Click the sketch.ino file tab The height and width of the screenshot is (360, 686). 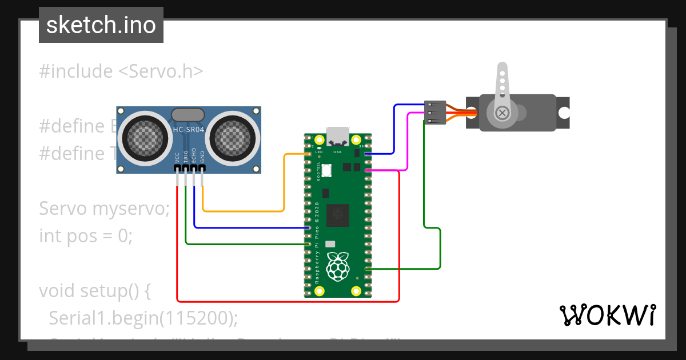(x=101, y=25)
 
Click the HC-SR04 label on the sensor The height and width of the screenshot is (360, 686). (x=189, y=130)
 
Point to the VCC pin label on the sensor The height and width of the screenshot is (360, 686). (x=178, y=158)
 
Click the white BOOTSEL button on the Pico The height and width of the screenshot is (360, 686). (x=327, y=170)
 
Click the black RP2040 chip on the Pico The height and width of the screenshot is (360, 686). (x=337, y=215)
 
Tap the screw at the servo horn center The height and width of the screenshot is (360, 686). (x=502, y=113)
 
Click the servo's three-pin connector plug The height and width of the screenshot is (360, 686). (x=435, y=113)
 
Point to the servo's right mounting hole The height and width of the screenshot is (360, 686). (x=564, y=113)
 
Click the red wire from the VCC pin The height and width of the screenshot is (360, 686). (x=286, y=301)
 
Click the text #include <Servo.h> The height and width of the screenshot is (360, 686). (x=121, y=71)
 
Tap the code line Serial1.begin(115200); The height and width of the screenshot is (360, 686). (x=143, y=318)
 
